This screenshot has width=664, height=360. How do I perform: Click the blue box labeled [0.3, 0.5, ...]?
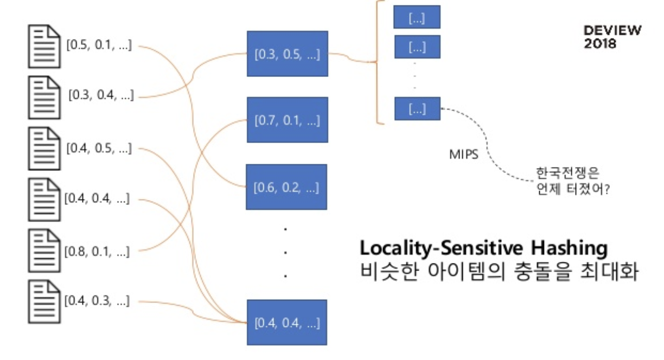(x=288, y=54)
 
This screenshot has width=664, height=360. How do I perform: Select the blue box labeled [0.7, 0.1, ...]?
(x=288, y=120)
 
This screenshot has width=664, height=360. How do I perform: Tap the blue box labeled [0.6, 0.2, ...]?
(x=286, y=187)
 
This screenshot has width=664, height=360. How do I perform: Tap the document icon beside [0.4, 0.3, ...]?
(x=44, y=301)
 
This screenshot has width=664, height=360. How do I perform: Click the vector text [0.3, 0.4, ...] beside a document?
(x=101, y=95)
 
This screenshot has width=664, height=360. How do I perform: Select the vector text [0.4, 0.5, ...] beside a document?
(x=99, y=148)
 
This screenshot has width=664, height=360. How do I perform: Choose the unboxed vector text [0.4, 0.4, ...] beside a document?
(x=97, y=199)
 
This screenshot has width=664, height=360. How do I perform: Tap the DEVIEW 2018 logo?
(x=612, y=37)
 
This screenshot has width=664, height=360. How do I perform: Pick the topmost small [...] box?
(x=417, y=17)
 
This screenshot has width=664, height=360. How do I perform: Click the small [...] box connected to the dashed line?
(x=417, y=108)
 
